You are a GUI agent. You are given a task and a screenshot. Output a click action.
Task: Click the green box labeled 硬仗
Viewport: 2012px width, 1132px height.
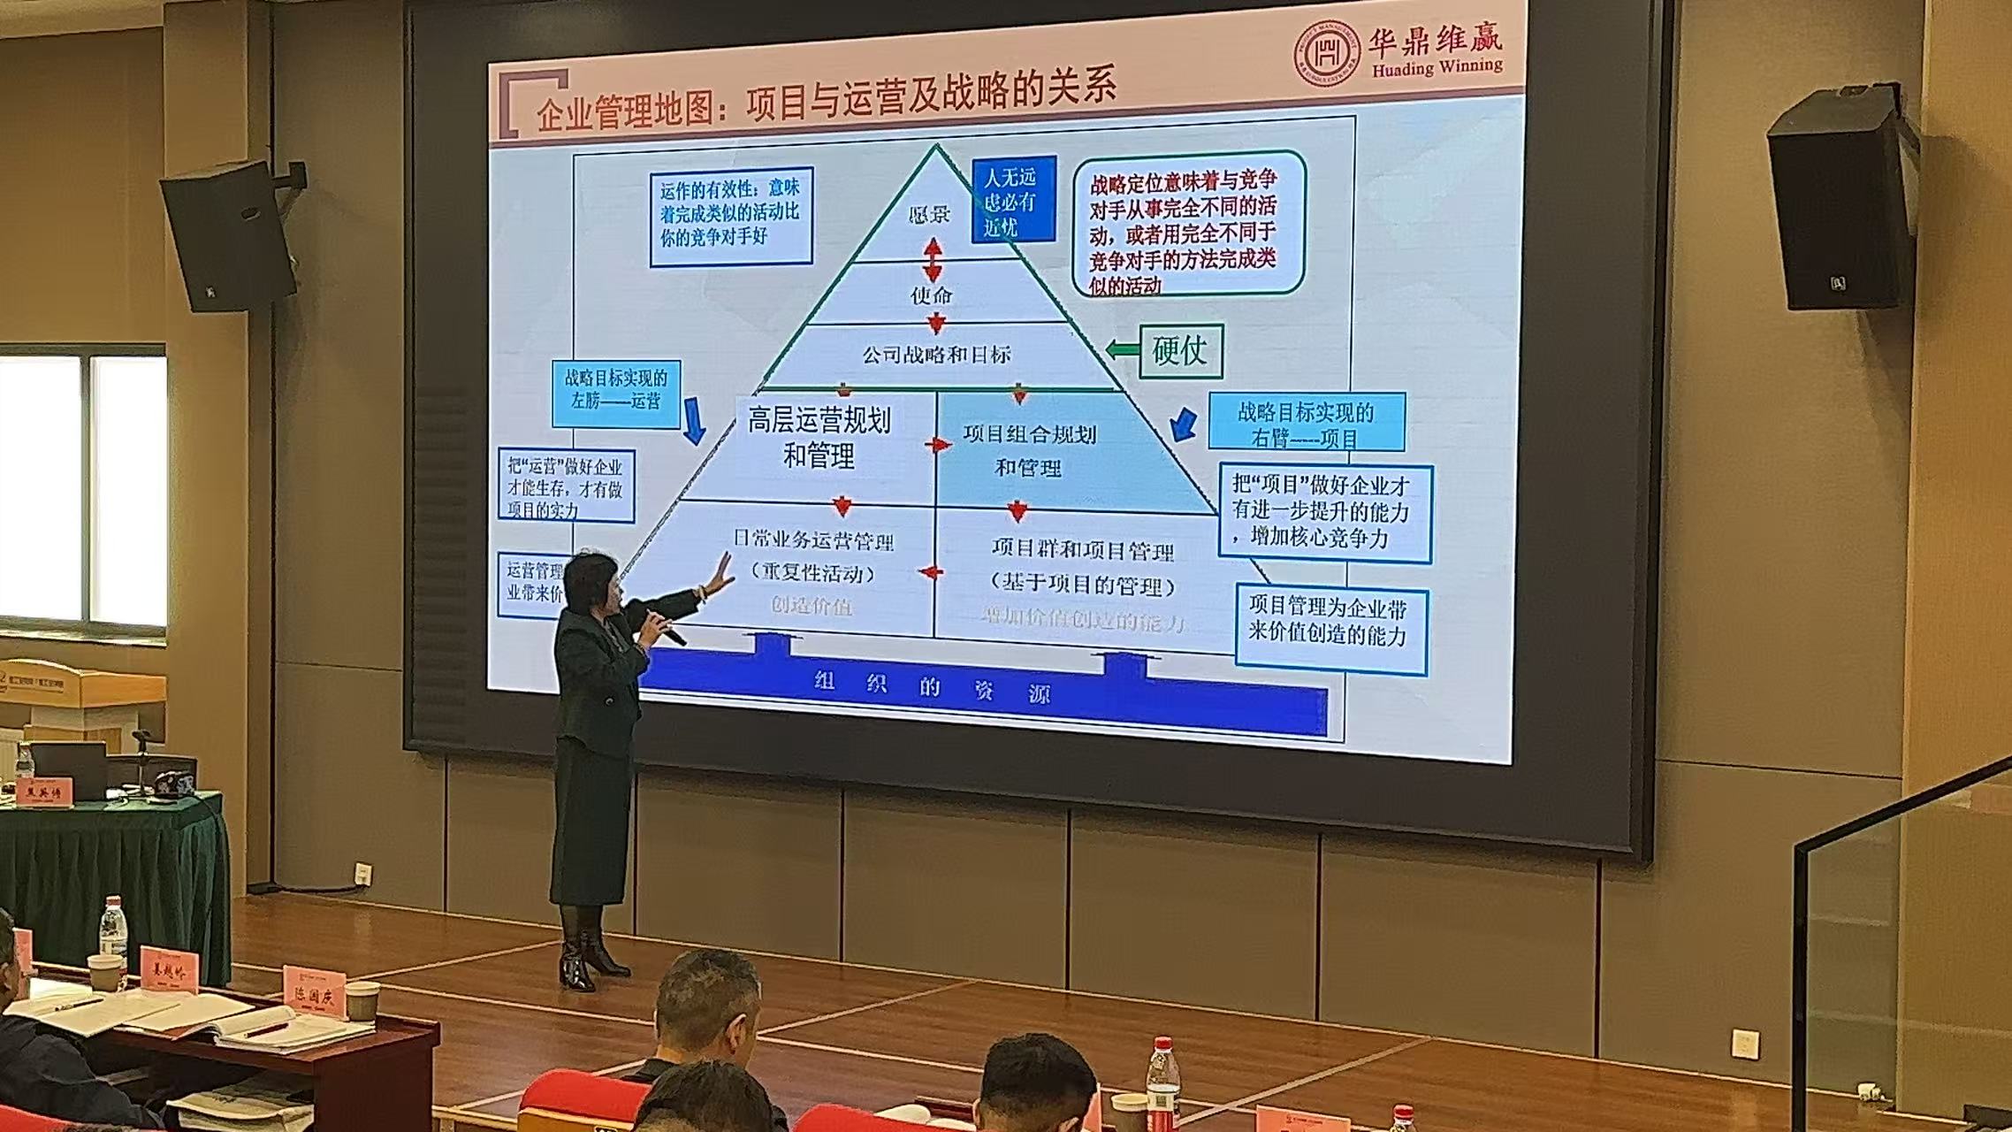1180,351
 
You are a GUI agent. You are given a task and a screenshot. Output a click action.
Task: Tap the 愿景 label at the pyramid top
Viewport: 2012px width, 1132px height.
930,215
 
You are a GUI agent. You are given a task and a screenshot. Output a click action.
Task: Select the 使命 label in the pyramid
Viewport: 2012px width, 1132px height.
931,294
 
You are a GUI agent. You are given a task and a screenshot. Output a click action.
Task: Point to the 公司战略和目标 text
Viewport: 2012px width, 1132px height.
936,356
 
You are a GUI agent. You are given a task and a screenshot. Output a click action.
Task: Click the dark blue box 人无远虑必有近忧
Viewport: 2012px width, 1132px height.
1013,202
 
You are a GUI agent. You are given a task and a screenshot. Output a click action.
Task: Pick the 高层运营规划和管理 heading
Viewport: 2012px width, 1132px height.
819,438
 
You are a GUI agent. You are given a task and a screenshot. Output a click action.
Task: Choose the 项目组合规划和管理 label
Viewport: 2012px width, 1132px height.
1029,450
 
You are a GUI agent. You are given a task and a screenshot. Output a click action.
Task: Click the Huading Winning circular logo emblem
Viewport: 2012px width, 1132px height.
1326,52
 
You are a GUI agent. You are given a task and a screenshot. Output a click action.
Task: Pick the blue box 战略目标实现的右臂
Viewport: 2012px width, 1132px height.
1306,423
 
